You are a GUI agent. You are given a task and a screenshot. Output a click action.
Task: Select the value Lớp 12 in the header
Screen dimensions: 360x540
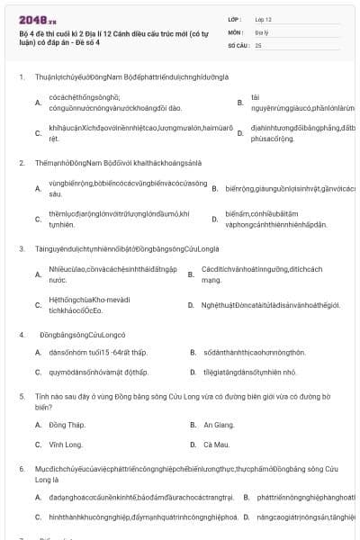click(264, 19)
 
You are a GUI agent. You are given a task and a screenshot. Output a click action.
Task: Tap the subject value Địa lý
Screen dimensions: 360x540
click(262, 31)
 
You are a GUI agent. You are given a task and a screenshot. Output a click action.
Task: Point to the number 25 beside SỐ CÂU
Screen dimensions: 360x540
click(258, 44)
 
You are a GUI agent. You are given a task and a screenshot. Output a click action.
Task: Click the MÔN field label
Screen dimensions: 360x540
click(235, 31)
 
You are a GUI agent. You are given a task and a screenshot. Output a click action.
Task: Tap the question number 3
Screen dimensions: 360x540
click(21, 247)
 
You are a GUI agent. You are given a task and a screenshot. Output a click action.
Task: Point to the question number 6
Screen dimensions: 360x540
click(21, 470)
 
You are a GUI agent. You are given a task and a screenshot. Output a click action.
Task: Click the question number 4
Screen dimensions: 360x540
click(21, 335)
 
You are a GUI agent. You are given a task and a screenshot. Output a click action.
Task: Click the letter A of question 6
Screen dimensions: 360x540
click(38, 496)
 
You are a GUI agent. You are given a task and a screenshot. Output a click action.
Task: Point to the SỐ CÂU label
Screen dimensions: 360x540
click(238, 44)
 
